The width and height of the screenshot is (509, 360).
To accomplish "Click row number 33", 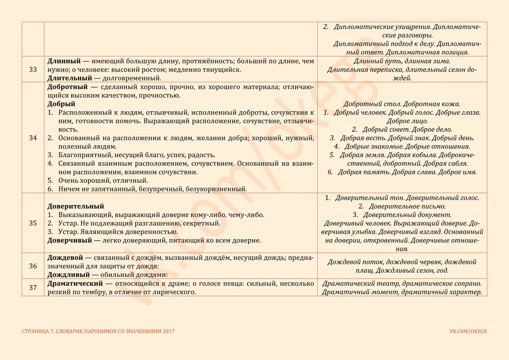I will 33,69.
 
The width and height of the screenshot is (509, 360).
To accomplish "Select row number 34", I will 33,138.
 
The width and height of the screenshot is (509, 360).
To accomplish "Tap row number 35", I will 33,223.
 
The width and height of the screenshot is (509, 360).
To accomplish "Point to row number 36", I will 33,266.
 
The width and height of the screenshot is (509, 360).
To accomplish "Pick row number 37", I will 33,288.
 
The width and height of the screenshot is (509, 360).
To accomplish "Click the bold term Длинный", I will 64,61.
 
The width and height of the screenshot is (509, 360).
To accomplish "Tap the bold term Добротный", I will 67,87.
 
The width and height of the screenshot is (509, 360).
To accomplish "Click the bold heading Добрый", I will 61,104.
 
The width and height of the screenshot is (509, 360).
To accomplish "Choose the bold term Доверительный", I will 76,206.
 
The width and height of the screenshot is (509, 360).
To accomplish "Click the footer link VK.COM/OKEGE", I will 468,331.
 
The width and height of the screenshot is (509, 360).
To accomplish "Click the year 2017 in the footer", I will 167,331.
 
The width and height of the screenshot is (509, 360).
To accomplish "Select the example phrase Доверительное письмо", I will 407,206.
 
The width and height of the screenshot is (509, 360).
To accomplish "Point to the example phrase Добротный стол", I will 372,104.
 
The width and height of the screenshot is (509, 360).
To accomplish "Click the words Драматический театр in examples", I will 361,284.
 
